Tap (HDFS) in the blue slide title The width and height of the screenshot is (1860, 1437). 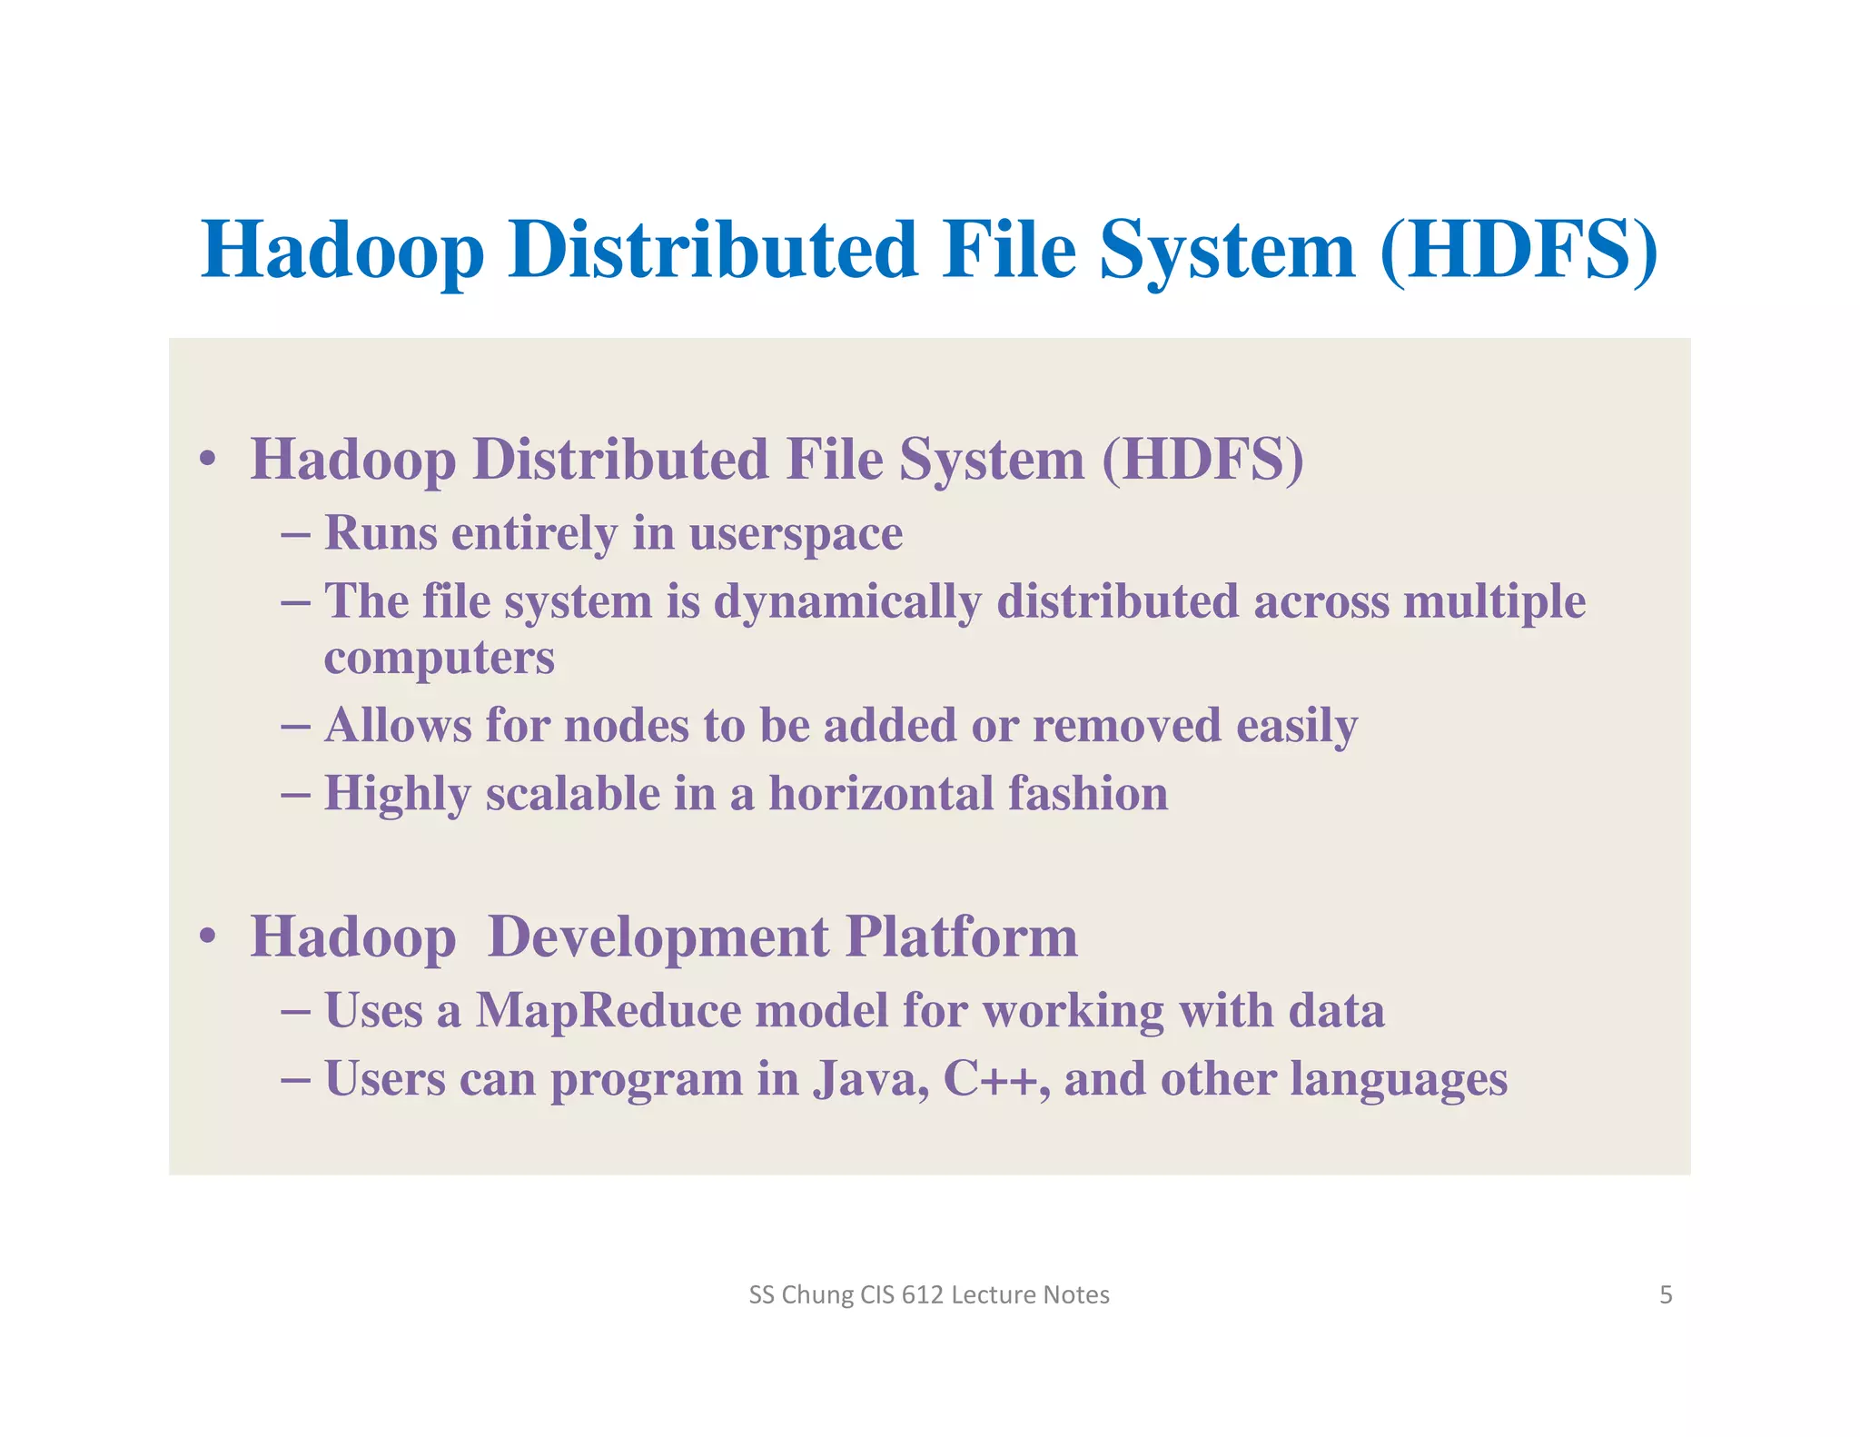tap(1519, 250)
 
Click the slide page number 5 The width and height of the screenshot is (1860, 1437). tap(1666, 1294)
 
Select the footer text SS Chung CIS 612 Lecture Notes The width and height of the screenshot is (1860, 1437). tap(929, 1294)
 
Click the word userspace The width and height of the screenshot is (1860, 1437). tap(796, 534)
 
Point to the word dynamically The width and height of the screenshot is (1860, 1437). tap(847, 602)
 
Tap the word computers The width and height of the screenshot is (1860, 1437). tap(439, 658)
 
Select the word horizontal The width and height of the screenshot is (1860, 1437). tap(881, 794)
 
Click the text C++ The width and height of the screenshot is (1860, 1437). tap(990, 1079)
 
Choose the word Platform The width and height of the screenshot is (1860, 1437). tap(962, 937)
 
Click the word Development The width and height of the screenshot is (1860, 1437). tap(658, 937)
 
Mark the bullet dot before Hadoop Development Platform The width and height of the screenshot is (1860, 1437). tap(208, 936)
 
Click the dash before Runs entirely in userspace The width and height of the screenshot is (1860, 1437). tap(296, 533)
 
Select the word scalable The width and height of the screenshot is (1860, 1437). tap(572, 794)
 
